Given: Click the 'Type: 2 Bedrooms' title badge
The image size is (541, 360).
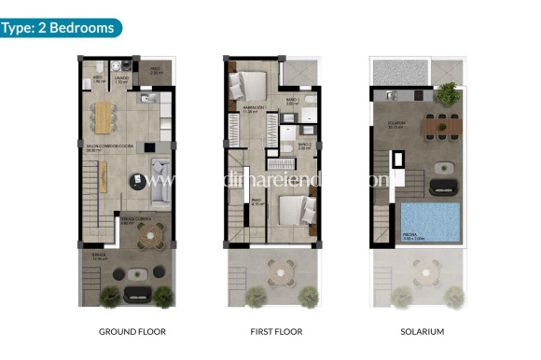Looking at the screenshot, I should pos(60,27).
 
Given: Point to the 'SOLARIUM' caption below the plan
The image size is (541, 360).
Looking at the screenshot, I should pos(420,331).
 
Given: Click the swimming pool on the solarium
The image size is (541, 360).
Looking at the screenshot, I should pos(431,222).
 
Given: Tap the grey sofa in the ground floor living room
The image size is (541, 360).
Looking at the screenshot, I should pos(159,176).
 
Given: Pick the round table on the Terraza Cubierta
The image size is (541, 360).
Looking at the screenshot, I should pos(149,239).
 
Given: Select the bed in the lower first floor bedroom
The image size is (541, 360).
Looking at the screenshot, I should pos(291,207).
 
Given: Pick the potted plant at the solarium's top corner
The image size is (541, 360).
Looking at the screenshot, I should pos(450,91).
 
